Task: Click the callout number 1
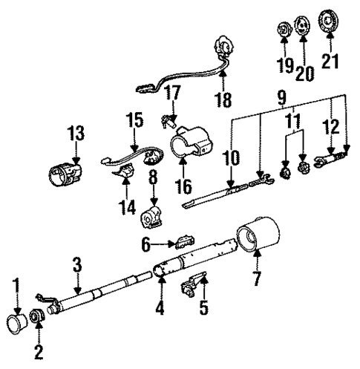click(x=16, y=285)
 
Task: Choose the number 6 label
click(x=147, y=243)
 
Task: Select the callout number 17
click(x=172, y=94)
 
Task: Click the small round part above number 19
click(x=283, y=30)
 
